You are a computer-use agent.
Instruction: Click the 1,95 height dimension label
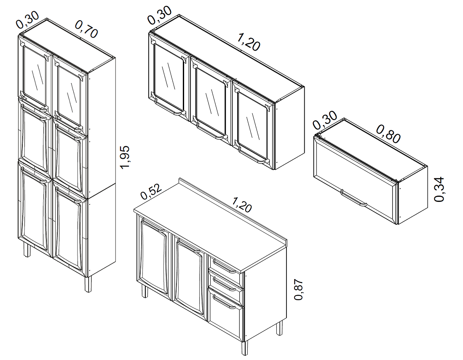(125, 157)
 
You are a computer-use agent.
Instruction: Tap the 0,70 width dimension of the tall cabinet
(86, 29)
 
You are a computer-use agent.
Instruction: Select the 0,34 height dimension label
(439, 189)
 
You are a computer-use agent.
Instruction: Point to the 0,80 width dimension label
(388, 134)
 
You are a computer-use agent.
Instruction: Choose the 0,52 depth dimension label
(151, 192)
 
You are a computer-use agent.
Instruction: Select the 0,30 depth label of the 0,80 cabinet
(325, 120)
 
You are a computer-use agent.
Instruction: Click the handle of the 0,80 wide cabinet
(354, 198)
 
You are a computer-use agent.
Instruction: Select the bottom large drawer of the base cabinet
(226, 313)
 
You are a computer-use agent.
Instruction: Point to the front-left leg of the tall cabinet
(27, 250)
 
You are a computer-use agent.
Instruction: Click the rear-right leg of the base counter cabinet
(279, 328)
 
